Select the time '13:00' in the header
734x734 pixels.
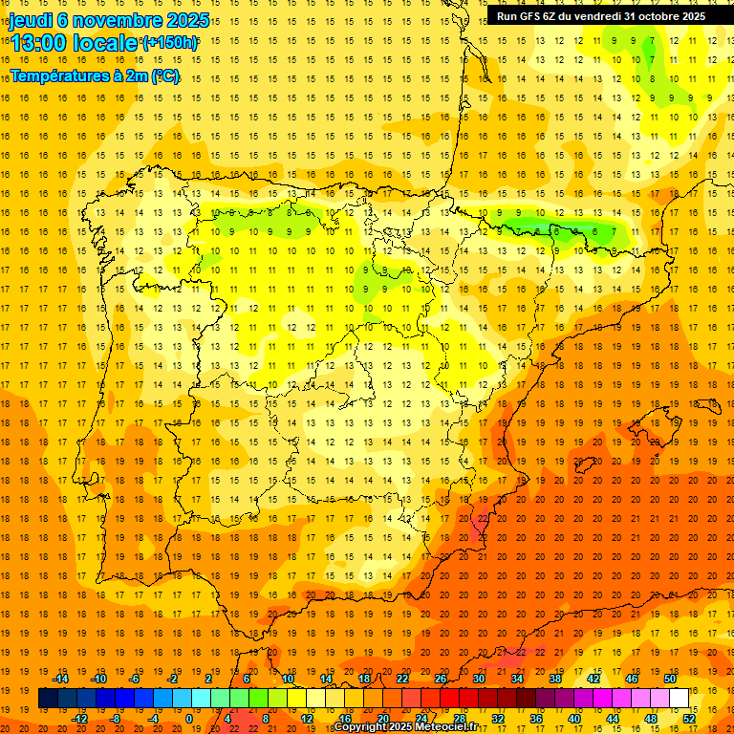[36, 43]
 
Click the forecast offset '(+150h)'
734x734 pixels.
[170, 43]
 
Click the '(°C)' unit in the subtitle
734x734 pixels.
[164, 76]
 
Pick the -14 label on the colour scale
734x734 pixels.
[61, 679]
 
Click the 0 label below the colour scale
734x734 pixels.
[188, 719]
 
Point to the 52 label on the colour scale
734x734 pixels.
[688, 719]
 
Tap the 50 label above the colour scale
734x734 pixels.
[669, 679]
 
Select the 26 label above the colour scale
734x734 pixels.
[441, 679]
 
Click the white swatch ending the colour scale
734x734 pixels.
[679, 699]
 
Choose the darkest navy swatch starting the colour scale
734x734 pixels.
[48, 699]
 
